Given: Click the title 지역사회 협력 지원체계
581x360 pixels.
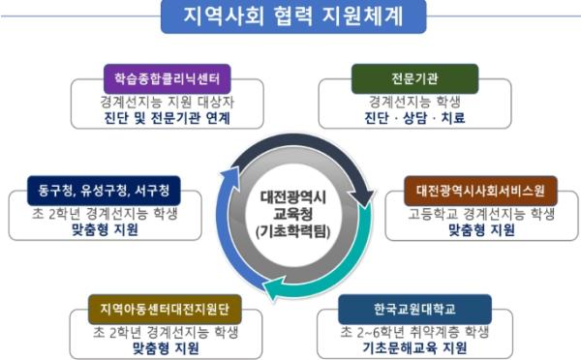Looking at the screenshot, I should coord(290,17).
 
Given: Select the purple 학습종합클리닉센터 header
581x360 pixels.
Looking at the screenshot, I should coord(157,77).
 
